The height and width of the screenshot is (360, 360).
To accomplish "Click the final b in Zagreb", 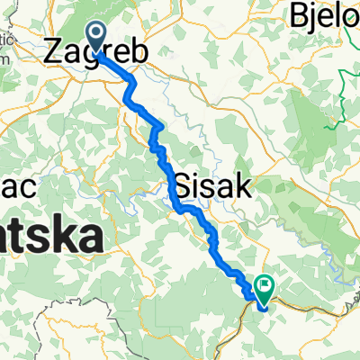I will pos(139,54).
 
